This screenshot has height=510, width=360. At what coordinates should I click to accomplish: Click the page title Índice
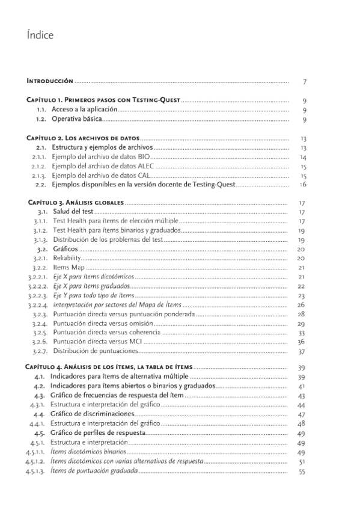pyautogui.click(x=40, y=35)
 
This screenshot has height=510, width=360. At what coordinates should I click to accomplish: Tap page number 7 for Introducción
pyautogui.click(x=305, y=81)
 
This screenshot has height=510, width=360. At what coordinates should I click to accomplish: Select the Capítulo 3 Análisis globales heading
pyautogui.click(x=76, y=203)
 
